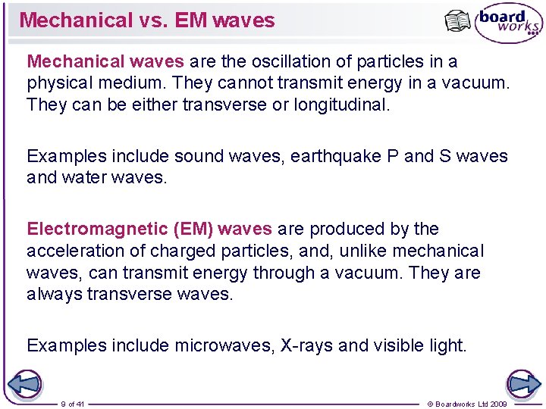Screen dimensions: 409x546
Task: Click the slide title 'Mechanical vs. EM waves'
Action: pyautogui.click(x=147, y=20)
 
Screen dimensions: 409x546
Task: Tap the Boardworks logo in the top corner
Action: pyautogui.click(x=508, y=23)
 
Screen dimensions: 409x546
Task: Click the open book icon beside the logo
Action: pyautogui.click(x=457, y=21)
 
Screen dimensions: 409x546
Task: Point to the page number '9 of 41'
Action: pyautogui.click(x=74, y=404)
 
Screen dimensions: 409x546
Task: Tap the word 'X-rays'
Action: pyautogui.click(x=307, y=345)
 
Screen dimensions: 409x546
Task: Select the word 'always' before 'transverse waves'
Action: pyautogui.click(x=55, y=294)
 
